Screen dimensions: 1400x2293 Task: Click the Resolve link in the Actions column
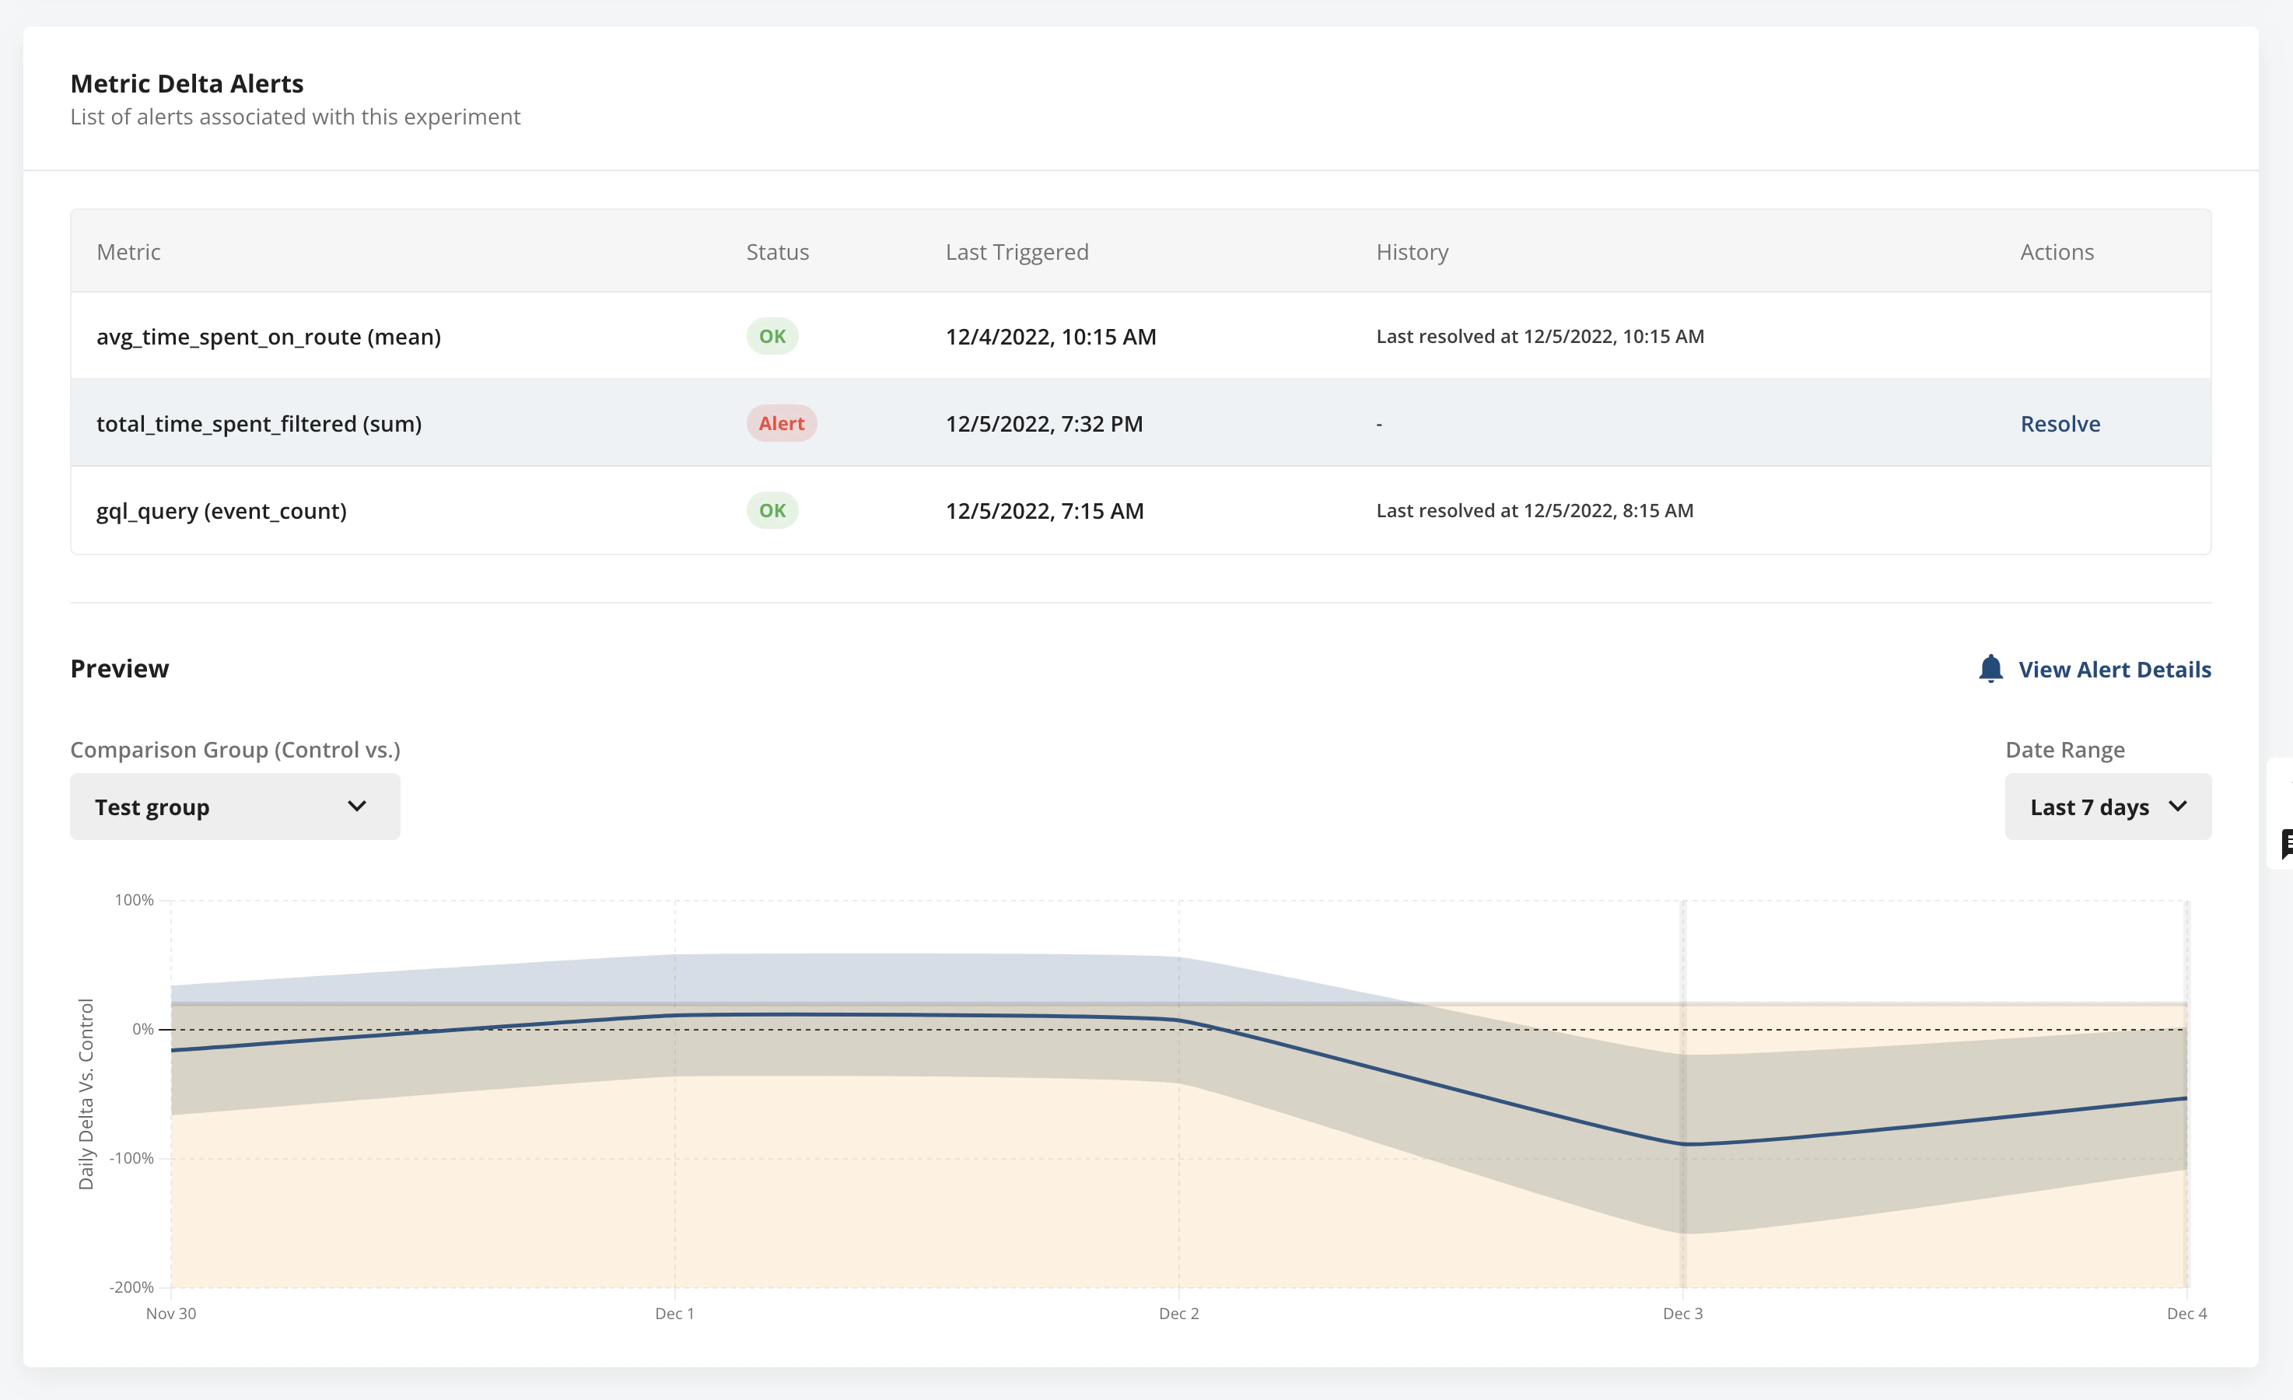pyautogui.click(x=2060, y=424)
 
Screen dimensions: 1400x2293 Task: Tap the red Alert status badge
pyautogui.click(x=781, y=424)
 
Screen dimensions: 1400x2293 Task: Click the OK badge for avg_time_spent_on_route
pyautogui.click(x=772, y=336)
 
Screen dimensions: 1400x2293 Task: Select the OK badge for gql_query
pyautogui.click(x=772, y=510)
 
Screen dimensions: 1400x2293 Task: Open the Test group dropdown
pyautogui.click(x=235, y=806)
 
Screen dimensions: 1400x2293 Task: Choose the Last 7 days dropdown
pyautogui.click(x=2107, y=806)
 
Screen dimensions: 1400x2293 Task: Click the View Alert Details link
pyautogui.click(x=2114, y=670)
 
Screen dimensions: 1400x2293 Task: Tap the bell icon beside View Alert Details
pyautogui.click(x=1990, y=668)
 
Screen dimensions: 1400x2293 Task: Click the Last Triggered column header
pyautogui.click(x=1016, y=252)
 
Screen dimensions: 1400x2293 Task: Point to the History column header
pyautogui.click(x=1412, y=252)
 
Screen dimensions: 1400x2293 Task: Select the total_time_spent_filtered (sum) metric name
pyautogui.click(x=259, y=424)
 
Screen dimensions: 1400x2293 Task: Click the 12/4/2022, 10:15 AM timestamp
pyautogui.click(x=1051, y=336)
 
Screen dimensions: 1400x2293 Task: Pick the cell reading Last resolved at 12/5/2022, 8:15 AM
pyautogui.click(x=1535, y=510)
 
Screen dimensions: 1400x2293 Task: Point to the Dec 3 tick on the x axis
pyautogui.click(x=1682, y=1314)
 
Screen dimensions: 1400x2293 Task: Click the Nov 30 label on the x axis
pyautogui.click(x=171, y=1314)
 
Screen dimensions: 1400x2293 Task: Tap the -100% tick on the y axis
pyautogui.click(x=132, y=1158)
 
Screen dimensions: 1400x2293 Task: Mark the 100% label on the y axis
pyautogui.click(x=134, y=900)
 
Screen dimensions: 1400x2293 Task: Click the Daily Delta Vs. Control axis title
pyautogui.click(x=86, y=1094)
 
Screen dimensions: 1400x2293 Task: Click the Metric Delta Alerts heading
pyautogui.click(x=187, y=84)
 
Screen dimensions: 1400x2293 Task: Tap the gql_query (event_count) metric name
pyautogui.click(x=222, y=510)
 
